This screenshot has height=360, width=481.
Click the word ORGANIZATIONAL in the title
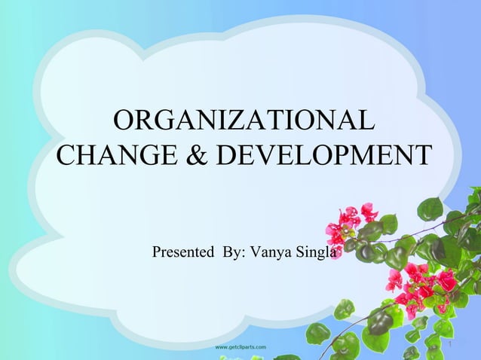[242, 121]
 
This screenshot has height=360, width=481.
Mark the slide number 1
[450, 344]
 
